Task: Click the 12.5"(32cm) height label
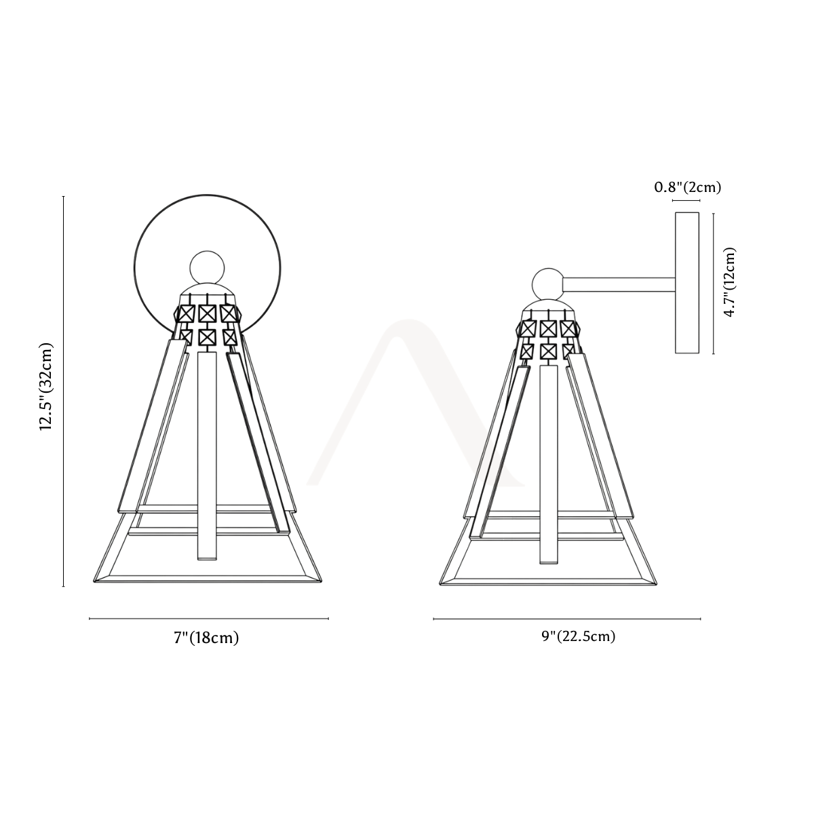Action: pos(46,387)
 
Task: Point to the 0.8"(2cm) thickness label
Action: pos(688,187)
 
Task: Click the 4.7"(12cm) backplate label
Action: pos(729,282)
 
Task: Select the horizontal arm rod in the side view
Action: pos(619,284)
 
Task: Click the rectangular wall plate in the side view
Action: pos(687,283)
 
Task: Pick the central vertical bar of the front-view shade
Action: pos(207,457)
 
